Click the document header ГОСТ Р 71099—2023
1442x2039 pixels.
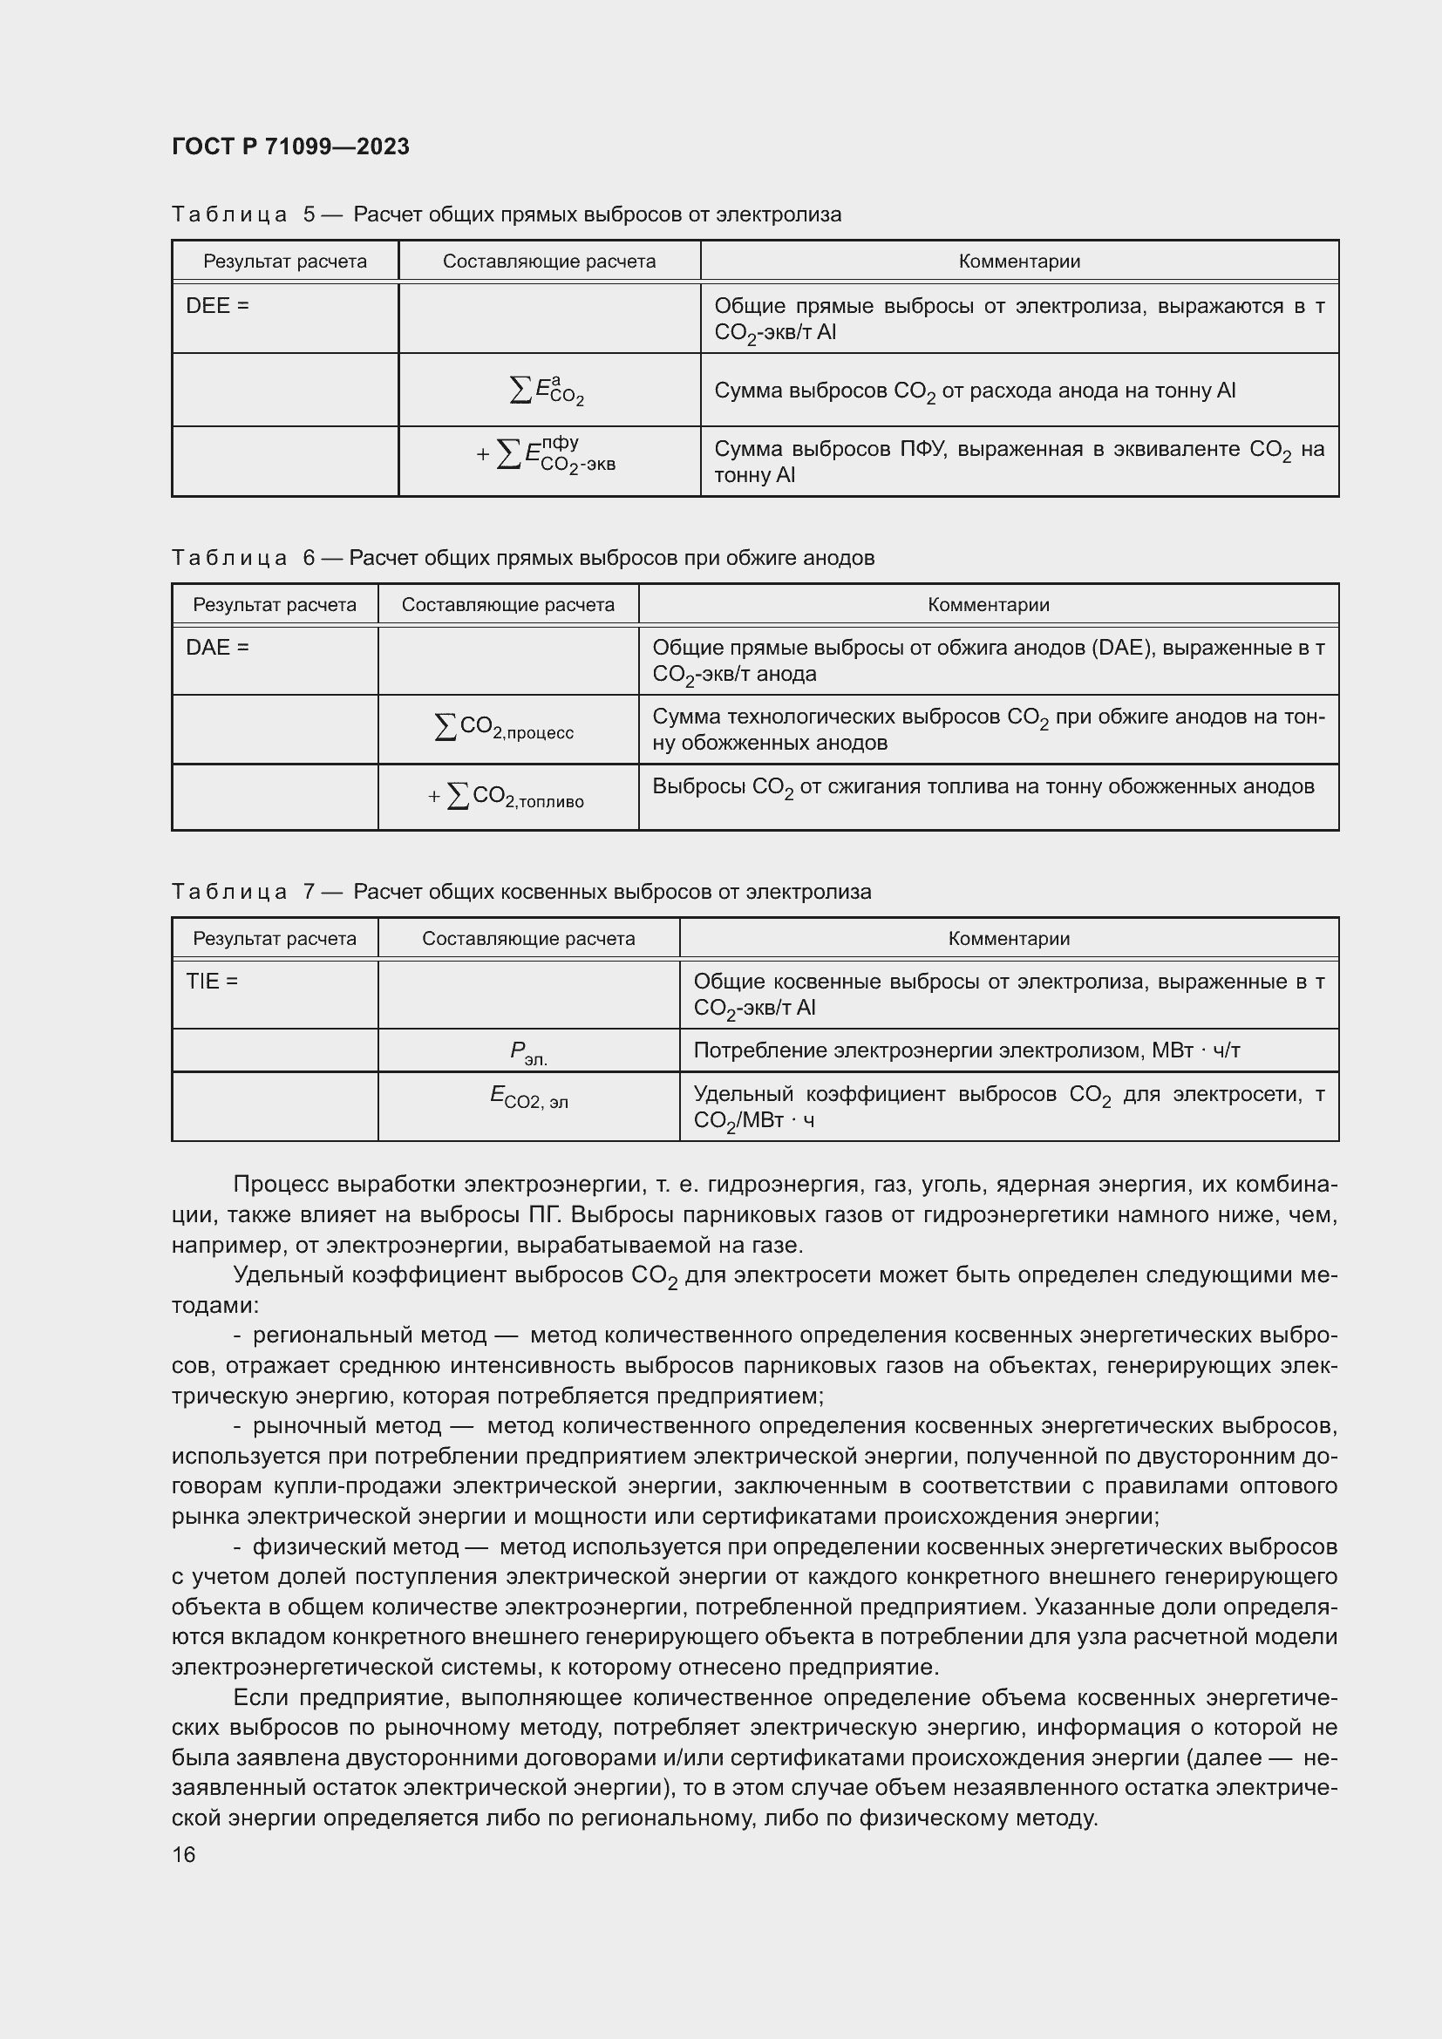[290, 146]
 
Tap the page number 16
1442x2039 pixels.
[184, 1854]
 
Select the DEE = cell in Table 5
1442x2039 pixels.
[218, 306]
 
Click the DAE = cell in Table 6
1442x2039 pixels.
[218, 648]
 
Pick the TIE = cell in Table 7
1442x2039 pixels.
[212, 982]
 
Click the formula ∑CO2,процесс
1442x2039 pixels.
[504, 728]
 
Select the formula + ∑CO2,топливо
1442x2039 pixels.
[507, 797]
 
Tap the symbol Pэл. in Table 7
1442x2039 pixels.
[528, 1053]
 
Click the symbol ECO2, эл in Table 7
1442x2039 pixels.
[528, 1098]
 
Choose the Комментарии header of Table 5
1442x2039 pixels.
[1018, 262]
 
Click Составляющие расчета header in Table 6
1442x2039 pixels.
[508, 605]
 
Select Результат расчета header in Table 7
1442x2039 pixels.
[275, 939]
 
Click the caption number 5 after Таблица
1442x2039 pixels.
[309, 215]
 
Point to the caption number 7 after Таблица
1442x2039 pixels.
[309, 892]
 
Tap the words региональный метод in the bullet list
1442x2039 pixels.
[370, 1335]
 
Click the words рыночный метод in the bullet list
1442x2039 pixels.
[347, 1425]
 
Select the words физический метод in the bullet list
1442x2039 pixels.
[355, 1546]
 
